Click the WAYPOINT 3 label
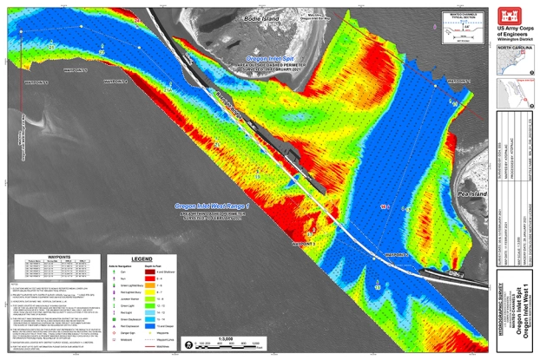[295, 245]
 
